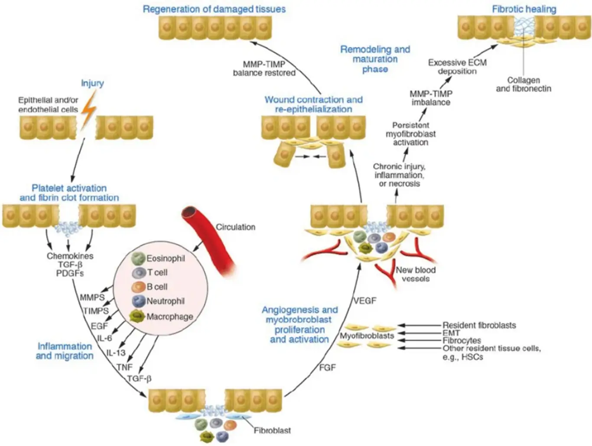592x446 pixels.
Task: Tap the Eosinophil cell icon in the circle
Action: (x=138, y=258)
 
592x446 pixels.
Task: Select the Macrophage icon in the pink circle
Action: (x=137, y=316)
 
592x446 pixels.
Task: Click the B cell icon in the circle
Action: (x=138, y=287)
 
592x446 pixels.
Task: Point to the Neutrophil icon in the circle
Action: (x=139, y=301)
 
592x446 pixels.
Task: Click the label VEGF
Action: (x=364, y=301)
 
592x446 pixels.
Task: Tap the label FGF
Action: (x=328, y=368)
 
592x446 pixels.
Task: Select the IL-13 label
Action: (x=116, y=352)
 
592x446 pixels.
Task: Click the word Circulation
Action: (x=235, y=227)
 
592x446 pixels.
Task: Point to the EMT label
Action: (x=451, y=333)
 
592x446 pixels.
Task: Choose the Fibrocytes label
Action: (x=462, y=341)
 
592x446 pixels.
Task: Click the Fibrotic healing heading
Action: (x=524, y=9)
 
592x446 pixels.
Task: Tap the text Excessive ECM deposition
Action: (x=457, y=67)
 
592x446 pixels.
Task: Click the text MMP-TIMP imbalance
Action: (x=431, y=98)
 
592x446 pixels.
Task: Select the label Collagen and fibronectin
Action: (x=524, y=84)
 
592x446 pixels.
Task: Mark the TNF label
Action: (x=124, y=367)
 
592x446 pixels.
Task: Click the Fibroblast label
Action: (x=272, y=430)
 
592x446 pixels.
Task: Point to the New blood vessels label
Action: (x=416, y=274)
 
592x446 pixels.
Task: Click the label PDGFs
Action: (x=70, y=273)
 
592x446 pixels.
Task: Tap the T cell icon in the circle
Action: (x=139, y=273)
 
